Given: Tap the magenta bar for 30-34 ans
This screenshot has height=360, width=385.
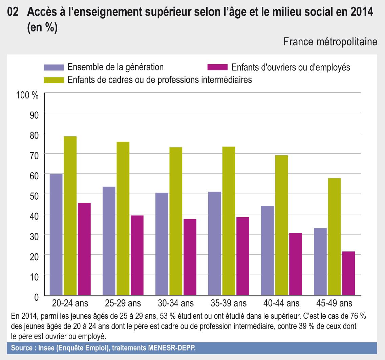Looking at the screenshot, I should (190, 257).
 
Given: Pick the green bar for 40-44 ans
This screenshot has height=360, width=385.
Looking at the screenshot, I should (281, 225).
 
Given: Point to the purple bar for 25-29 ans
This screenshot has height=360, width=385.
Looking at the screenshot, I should (109, 241).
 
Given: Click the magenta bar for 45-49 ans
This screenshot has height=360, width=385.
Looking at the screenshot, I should (348, 273).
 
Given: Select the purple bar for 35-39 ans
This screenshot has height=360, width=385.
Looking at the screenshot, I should (215, 243).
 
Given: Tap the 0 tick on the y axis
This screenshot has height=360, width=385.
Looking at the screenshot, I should (36, 297).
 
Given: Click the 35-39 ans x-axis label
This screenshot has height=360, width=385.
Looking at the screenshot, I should (229, 302).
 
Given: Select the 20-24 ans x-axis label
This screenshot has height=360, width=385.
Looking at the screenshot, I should (70, 302).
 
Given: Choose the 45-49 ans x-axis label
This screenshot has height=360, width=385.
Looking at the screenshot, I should (334, 302).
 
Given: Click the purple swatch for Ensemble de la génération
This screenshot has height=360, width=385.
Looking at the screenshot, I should (54, 67).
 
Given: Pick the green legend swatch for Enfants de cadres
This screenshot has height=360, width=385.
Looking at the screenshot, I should (54, 80).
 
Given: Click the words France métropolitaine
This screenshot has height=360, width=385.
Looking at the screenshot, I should (330, 42).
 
